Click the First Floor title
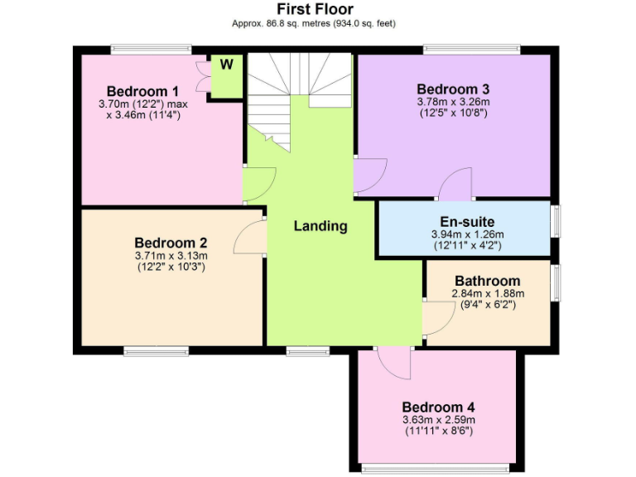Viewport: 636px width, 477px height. [315, 9]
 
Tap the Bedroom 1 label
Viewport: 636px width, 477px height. [142, 91]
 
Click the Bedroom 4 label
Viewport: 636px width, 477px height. [438, 407]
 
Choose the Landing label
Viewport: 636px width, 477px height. [320, 226]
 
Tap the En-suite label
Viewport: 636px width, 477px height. [467, 222]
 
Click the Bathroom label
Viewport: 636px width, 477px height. [487, 282]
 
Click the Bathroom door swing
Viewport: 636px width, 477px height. [435, 320]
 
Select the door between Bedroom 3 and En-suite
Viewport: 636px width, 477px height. [455, 185]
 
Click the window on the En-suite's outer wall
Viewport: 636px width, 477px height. [556, 221]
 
